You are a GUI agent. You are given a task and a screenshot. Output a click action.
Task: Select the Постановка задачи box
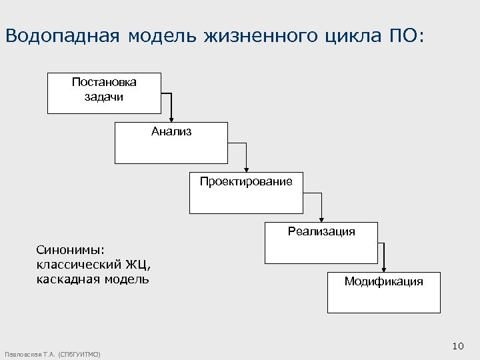click(x=104, y=93)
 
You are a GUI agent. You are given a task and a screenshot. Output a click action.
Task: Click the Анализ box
click(x=171, y=143)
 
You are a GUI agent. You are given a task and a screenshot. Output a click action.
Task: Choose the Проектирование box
click(x=245, y=193)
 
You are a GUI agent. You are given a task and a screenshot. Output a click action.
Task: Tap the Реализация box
click(x=321, y=243)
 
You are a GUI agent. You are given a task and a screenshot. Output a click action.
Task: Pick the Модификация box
click(x=383, y=292)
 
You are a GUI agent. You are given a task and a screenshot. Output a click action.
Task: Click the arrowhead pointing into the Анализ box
click(x=171, y=118)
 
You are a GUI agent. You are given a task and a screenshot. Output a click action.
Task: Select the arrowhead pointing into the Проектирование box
click(x=247, y=169)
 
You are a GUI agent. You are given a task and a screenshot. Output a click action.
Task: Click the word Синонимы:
click(x=70, y=249)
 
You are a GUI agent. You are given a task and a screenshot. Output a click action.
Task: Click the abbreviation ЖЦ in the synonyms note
click(x=138, y=264)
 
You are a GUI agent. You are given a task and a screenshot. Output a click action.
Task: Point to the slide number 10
click(x=457, y=345)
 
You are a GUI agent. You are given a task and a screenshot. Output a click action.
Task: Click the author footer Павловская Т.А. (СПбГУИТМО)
click(x=52, y=354)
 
